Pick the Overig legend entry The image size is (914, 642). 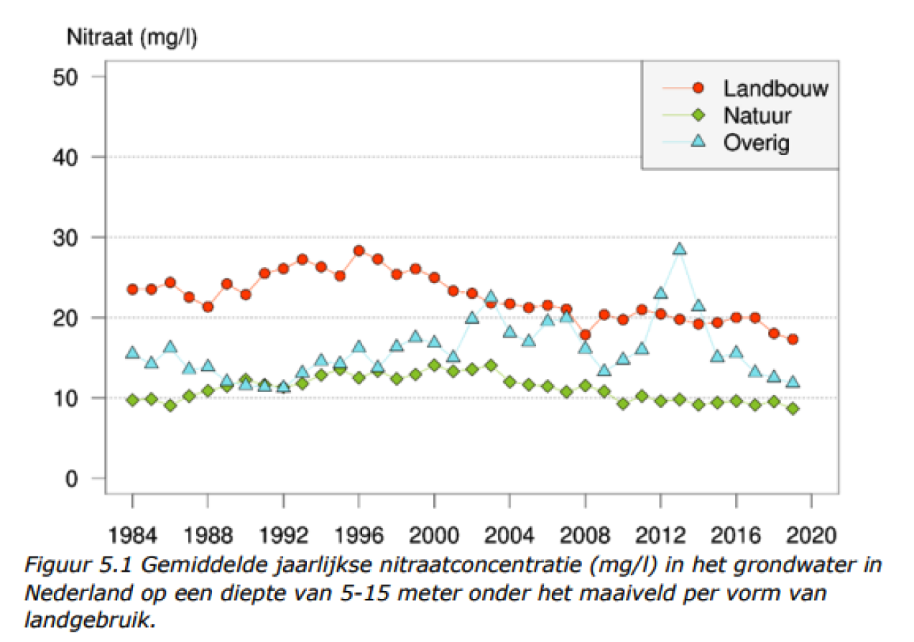[757, 142]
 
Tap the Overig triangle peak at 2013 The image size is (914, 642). [679, 249]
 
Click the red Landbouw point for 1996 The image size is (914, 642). [359, 251]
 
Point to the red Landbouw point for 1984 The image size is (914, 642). [132, 289]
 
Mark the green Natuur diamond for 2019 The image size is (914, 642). [793, 409]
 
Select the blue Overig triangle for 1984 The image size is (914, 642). [132, 353]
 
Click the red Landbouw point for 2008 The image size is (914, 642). [585, 335]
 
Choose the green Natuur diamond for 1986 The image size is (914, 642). [170, 406]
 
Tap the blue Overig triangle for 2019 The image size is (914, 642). [793, 382]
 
